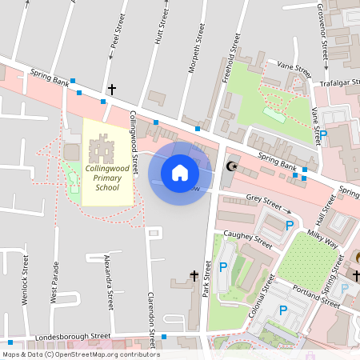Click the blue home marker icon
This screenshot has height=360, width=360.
click(180, 173)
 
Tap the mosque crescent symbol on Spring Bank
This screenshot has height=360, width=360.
click(232, 166)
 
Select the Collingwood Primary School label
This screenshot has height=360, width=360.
click(107, 178)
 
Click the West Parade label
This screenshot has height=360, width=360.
click(54, 282)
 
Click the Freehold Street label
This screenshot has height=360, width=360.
click(234, 54)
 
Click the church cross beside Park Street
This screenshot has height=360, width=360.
click(194, 276)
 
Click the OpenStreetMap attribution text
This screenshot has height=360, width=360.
click(80, 354)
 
